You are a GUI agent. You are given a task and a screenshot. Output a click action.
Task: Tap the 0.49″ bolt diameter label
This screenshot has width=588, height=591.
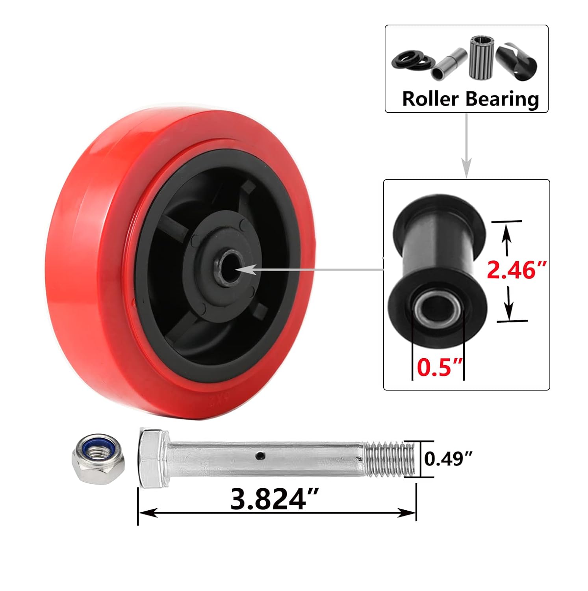(x=448, y=459)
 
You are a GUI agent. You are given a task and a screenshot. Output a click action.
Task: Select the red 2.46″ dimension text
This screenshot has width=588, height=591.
(x=517, y=270)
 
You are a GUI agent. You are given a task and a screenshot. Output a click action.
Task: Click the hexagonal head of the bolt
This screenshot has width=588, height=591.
(x=153, y=458)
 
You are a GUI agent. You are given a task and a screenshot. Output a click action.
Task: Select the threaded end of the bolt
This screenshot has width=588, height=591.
(x=390, y=459)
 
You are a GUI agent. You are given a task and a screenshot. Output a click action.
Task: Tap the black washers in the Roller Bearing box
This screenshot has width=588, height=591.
(x=413, y=60)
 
